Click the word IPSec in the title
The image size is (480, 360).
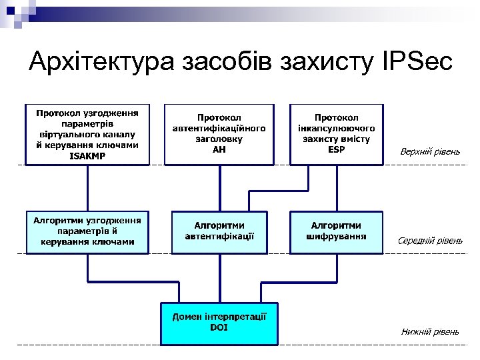point(415,62)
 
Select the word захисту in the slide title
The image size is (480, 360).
point(328,62)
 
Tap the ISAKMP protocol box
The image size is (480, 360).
point(87,133)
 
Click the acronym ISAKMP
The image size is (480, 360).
point(87,157)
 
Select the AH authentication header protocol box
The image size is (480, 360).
point(219,133)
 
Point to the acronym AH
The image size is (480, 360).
point(219,149)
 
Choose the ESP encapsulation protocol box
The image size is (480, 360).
point(337,133)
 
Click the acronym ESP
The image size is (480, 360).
point(337,149)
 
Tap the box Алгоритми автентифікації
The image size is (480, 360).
point(219,231)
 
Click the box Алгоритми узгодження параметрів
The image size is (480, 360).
point(87,231)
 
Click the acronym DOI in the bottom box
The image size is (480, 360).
point(219,327)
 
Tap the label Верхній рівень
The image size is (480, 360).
point(430,152)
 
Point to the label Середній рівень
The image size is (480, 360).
point(430,240)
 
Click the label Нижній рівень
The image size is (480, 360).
point(430,331)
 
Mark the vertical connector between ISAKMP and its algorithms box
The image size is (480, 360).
point(87,188)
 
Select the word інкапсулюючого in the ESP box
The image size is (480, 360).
point(337,128)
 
